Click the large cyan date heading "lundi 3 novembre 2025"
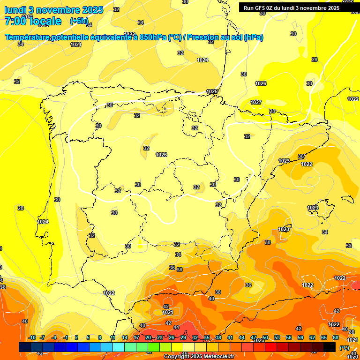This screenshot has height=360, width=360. pos(54,10)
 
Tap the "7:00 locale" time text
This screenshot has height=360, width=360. pos(33,21)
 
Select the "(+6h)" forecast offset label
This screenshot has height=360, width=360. pos(78,21)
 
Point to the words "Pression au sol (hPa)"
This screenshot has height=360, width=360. pos(225,37)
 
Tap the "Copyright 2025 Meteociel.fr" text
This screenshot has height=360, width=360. pos(199,357)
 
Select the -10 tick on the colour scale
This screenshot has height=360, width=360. pos(32,337)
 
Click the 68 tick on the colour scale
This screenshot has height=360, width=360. pos(336,337)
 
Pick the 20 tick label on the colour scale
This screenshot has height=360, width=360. pos(148,337)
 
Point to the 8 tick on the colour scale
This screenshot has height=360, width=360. pos(100,337)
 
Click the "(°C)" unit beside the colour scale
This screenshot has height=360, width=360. pos(344,348)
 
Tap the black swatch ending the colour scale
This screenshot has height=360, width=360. pos(330,347)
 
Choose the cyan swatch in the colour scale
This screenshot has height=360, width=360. pos(119,347)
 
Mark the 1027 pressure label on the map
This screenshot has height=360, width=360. pos(256,102)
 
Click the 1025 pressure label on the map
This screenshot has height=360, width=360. pos(212,91)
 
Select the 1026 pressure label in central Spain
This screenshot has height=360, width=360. pos(161,155)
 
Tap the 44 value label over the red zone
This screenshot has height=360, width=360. pos(176,327)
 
